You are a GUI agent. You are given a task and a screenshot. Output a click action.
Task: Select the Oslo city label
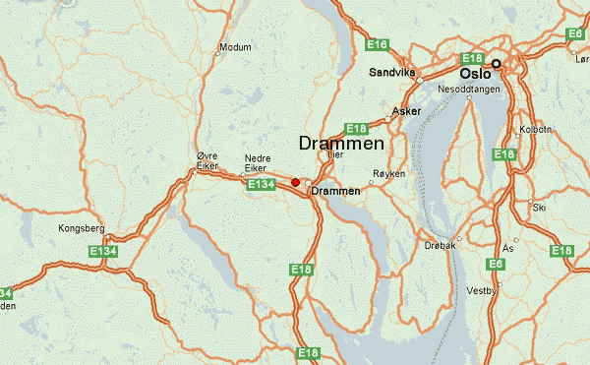[475, 72]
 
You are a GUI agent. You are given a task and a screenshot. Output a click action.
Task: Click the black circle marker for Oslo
[497, 64]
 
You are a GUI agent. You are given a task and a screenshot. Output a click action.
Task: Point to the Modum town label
[236, 46]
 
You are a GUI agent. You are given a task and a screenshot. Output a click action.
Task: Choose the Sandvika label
[392, 72]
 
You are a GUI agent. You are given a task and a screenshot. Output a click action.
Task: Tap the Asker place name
[406, 111]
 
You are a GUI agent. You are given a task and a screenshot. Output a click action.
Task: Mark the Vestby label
[483, 291]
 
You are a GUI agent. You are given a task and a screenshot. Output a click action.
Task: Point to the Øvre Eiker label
[206, 161]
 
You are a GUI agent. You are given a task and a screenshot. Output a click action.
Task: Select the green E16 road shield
[378, 44]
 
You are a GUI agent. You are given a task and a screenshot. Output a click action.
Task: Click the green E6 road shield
[497, 264]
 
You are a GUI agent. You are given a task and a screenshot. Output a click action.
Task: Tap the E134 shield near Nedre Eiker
[261, 184]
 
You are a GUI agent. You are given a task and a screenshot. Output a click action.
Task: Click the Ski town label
[538, 208]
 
